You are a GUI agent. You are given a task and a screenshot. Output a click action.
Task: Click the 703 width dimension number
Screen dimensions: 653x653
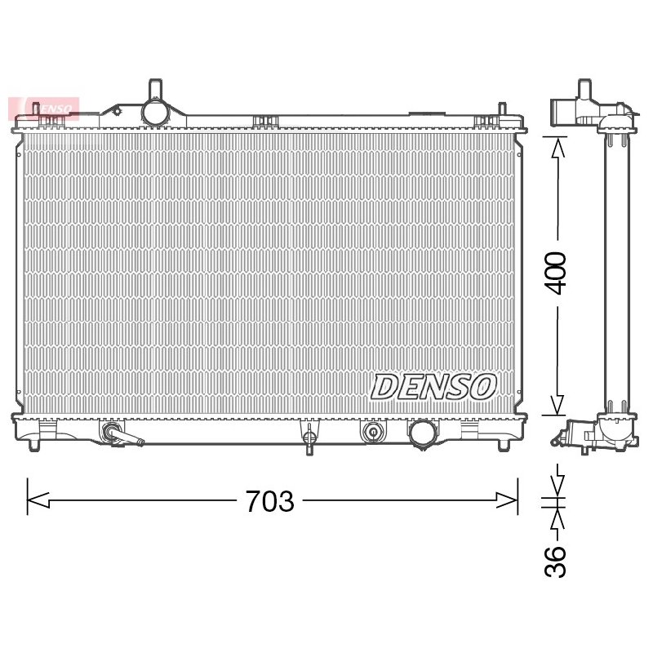coord(270,501)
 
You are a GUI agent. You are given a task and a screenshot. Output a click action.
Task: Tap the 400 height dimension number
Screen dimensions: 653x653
coord(556,273)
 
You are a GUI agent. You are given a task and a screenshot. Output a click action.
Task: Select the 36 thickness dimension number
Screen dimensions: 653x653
coord(556,562)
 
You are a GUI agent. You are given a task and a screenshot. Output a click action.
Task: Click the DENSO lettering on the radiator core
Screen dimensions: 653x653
coord(433,386)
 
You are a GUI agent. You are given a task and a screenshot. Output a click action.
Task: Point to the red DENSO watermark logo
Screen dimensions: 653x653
coord(43,109)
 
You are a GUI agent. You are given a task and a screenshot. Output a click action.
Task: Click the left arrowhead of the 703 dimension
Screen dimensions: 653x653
coord(38,500)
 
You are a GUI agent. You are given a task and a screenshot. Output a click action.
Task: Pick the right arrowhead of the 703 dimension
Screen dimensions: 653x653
coord(506,500)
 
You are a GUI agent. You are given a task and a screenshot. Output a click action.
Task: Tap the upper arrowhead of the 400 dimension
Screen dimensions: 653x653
coord(557,149)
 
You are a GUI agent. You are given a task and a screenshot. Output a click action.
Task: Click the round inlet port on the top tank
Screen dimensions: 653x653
coord(155,112)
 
